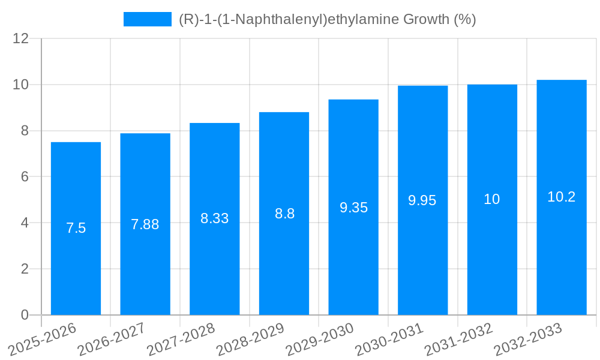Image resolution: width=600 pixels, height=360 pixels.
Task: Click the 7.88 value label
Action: coord(145,224)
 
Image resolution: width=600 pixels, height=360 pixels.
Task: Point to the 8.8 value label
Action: coord(284,214)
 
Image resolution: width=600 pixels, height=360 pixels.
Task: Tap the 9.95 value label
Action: coord(422,201)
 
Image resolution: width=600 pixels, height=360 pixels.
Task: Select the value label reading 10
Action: coord(492,200)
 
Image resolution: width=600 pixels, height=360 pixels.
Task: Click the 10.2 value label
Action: coord(562,197)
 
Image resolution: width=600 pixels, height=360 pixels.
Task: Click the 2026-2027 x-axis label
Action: coord(111,340)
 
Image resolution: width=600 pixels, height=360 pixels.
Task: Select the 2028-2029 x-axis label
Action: coord(250,340)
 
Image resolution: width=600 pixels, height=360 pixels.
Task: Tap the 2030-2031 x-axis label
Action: coord(389,340)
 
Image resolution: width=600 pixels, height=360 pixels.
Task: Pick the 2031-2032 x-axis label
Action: coord(458,340)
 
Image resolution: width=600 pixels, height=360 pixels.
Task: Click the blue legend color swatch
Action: coord(148,19)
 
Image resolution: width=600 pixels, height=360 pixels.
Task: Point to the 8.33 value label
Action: coord(215,218)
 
